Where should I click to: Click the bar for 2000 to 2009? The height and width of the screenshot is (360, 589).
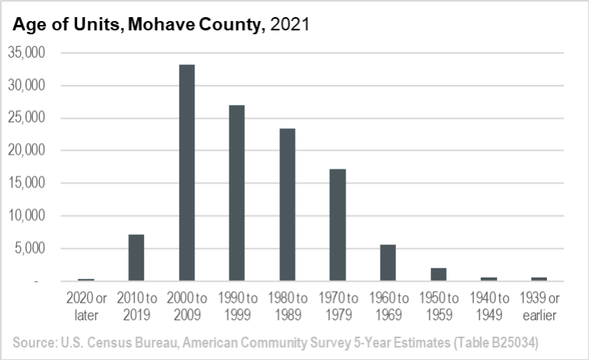point(187,173)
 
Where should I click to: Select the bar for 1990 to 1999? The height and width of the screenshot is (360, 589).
point(237,193)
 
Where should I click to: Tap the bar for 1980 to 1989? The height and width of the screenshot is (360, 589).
point(287,204)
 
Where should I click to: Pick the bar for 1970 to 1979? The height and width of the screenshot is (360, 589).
point(338,225)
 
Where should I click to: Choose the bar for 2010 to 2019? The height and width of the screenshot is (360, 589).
point(136,257)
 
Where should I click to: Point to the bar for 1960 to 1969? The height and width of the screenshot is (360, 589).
point(388,263)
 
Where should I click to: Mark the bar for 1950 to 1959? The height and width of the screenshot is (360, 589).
point(438,274)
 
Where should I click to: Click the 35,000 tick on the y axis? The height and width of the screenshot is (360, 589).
point(28,53)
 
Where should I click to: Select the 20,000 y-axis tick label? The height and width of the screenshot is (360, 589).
point(28,151)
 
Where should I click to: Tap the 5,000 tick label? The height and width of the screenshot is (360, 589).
point(31,249)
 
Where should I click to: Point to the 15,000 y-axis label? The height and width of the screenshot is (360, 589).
point(28,183)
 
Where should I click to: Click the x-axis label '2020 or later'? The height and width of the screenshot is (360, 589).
point(86,306)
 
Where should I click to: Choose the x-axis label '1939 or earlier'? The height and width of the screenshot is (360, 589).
point(538,306)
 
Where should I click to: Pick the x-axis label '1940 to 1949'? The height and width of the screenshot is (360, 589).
point(489,306)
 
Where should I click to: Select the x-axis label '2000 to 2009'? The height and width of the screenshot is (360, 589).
point(187,306)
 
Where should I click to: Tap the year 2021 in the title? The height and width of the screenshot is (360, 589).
point(289,25)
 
